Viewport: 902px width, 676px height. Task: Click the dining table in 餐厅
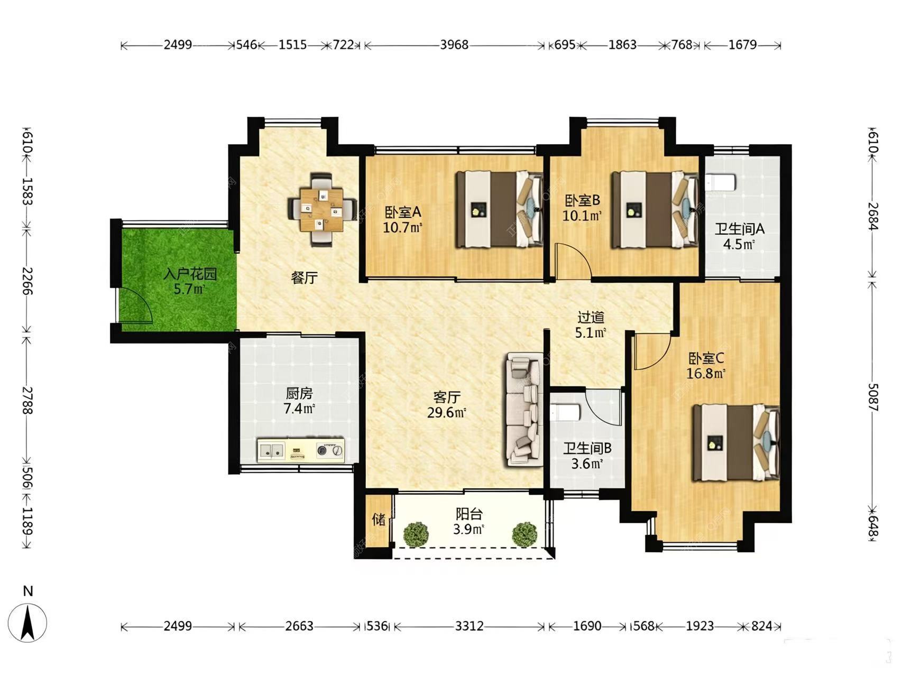point(321,210)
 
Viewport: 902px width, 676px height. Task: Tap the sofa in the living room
point(524,410)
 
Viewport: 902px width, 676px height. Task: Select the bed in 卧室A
point(500,209)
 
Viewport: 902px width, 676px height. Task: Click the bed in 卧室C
point(737,442)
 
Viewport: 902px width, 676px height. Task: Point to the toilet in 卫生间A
point(720,183)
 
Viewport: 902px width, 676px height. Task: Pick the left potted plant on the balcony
point(416,534)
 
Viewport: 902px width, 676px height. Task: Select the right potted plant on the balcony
point(524,534)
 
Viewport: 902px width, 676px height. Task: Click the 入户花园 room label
point(190,274)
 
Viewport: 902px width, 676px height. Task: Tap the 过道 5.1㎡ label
point(591,325)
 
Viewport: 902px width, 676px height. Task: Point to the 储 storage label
point(379,519)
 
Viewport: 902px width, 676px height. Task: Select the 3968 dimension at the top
point(454,44)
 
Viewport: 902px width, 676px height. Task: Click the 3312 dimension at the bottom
point(470,626)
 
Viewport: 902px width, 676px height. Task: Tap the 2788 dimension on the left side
point(27,400)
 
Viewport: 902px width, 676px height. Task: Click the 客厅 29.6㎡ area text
point(446,405)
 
